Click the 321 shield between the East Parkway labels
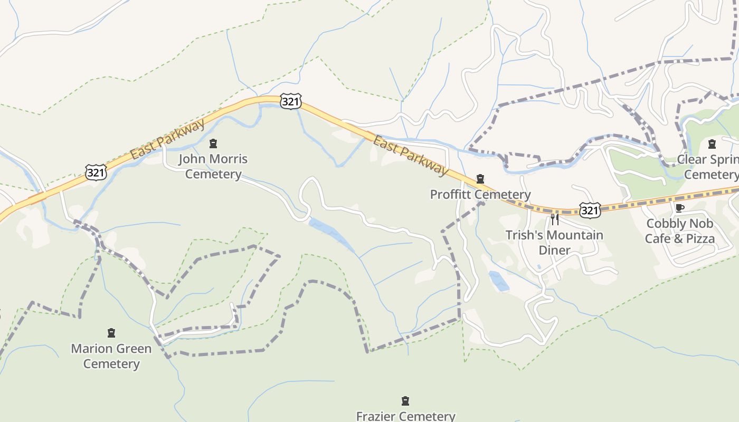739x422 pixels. [290, 101]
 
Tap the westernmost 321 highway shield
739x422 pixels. [96, 172]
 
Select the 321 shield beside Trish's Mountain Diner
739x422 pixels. [589, 210]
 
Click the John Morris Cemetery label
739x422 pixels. [213, 166]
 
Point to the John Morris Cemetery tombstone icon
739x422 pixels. [213, 143]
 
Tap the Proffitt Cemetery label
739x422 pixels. [480, 194]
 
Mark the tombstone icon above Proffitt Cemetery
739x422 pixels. [480, 179]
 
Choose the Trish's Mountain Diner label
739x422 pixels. [554, 242]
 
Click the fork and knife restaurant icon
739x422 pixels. [554, 219]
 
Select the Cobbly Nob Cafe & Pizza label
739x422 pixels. [680, 231]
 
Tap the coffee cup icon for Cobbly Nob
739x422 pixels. [680, 208]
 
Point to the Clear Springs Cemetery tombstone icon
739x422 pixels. [712, 143]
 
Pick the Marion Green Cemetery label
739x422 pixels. [111, 356]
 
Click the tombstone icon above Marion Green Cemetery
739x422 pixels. [111, 333]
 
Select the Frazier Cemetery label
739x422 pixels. [405, 416]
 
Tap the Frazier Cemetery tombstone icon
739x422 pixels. [405, 401]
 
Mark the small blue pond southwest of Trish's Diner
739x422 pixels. [499, 281]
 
